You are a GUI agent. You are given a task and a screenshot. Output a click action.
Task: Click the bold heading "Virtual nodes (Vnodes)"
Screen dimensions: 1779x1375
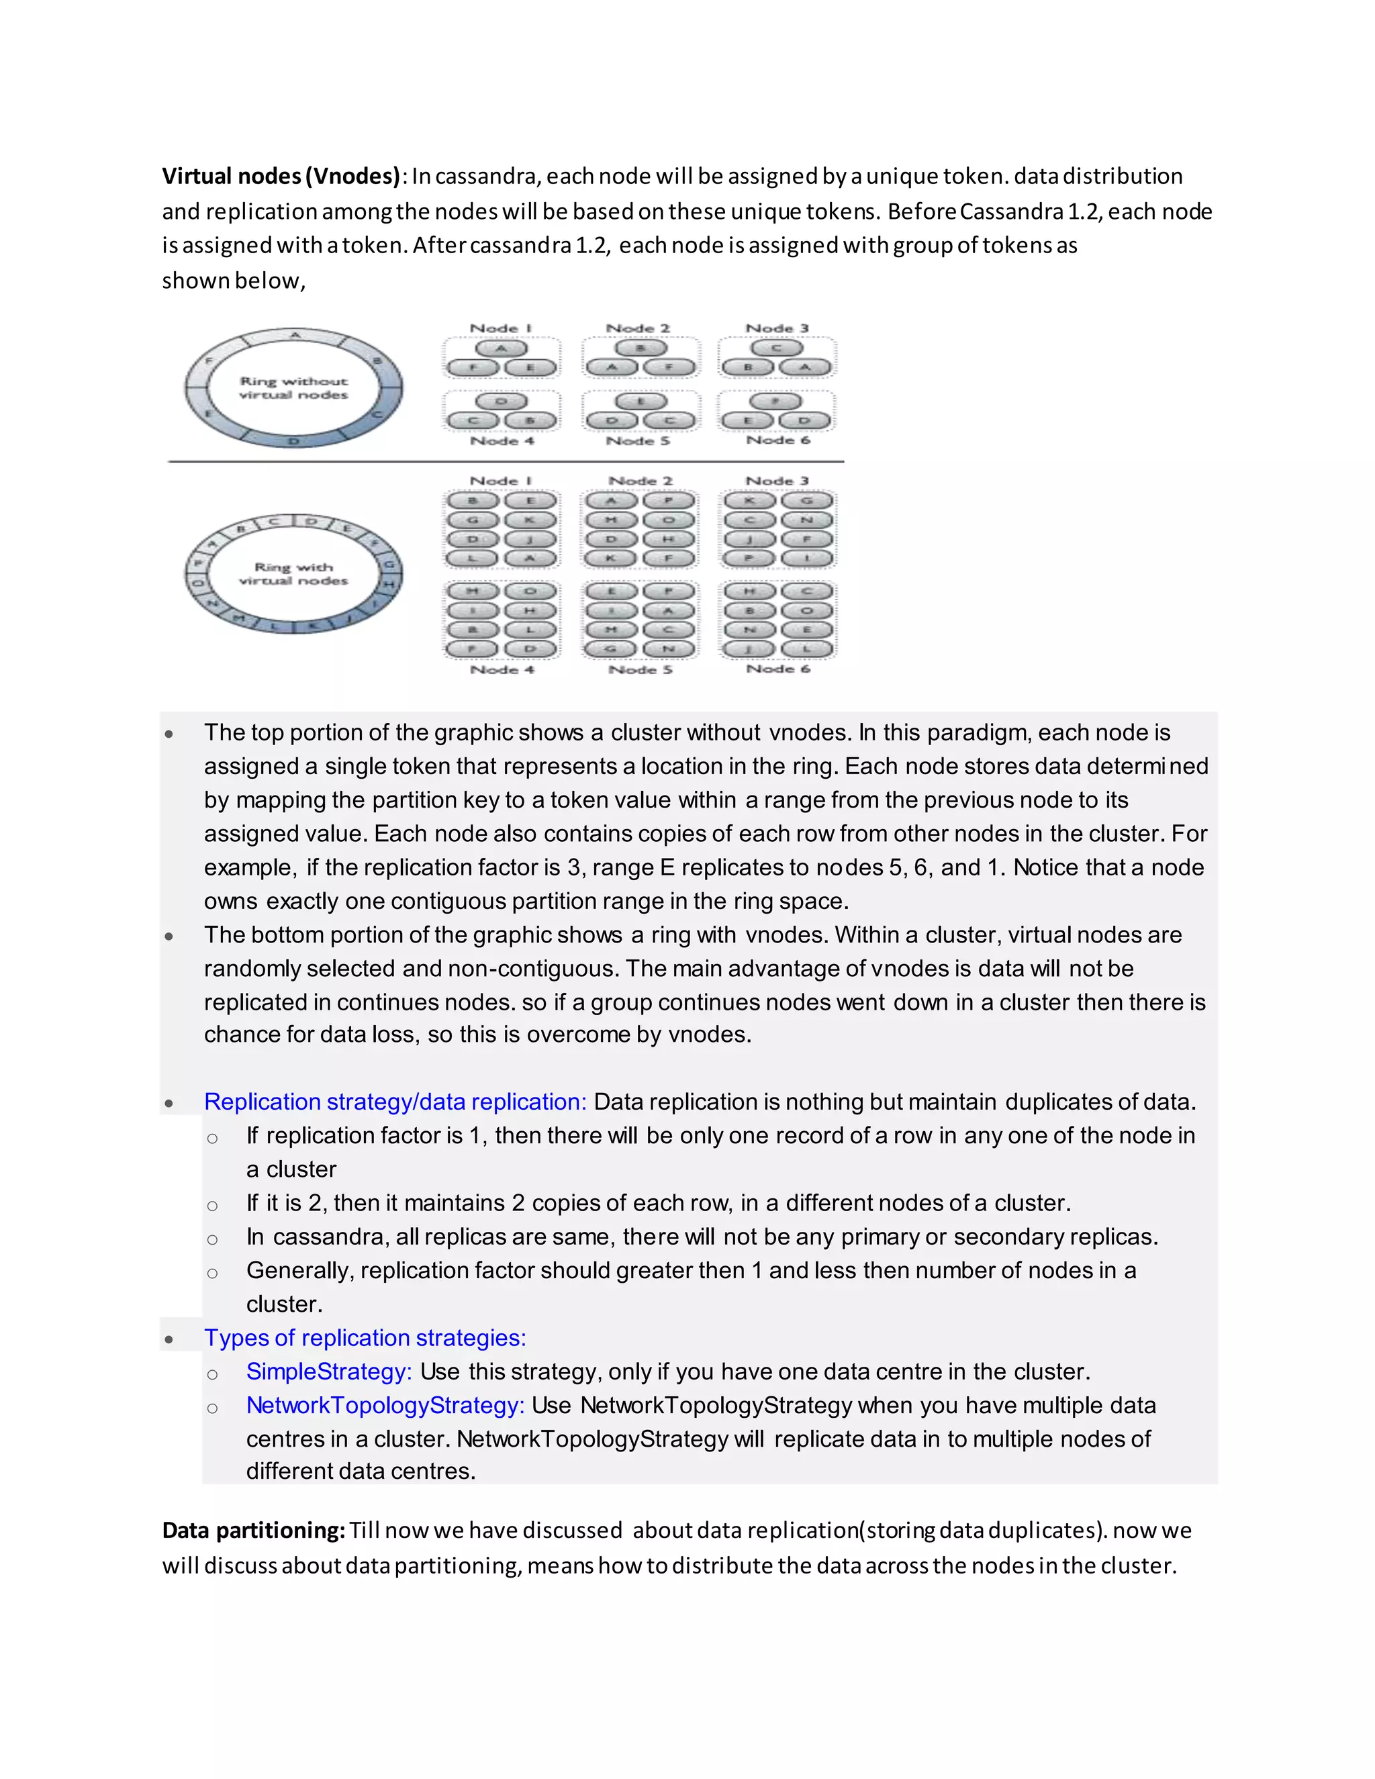pyautogui.click(x=280, y=176)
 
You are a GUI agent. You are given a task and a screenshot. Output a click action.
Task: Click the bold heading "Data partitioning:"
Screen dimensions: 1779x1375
pyautogui.click(x=253, y=1530)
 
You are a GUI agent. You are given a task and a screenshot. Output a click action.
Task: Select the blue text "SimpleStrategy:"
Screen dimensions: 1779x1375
pyautogui.click(x=329, y=1371)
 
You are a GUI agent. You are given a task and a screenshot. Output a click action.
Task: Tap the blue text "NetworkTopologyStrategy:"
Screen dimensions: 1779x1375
pyautogui.click(x=385, y=1405)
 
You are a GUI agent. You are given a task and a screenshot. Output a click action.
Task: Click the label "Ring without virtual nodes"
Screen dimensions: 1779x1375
pyautogui.click(x=293, y=388)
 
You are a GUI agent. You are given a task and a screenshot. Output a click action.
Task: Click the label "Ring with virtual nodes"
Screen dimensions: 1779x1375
pyautogui.click(x=293, y=573)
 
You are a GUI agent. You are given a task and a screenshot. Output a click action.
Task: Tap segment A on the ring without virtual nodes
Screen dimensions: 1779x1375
pyautogui.click(x=295, y=335)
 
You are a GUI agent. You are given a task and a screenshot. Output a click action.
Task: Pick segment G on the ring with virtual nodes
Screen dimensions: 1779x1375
pyautogui.click(x=389, y=565)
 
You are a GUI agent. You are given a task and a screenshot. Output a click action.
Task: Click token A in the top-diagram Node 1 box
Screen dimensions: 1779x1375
pyautogui.click(x=502, y=348)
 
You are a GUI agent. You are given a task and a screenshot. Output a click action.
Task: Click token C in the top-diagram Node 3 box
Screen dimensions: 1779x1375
pyautogui.click(x=776, y=348)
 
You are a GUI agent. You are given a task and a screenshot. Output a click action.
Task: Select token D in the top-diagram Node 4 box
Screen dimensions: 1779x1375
pyautogui.click(x=502, y=401)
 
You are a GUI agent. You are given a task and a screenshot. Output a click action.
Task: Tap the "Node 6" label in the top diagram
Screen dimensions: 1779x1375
pyautogui.click(x=778, y=440)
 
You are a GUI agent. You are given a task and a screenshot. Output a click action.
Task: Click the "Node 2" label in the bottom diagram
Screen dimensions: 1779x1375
pyautogui.click(x=641, y=481)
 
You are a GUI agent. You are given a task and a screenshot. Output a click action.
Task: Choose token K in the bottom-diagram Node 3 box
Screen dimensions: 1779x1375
pyautogui.click(x=749, y=500)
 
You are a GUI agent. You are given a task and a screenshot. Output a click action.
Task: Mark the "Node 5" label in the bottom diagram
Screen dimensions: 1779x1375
pyautogui.click(x=641, y=669)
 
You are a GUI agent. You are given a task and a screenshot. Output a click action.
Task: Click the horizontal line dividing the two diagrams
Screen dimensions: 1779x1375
pyautogui.click(x=505, y=461)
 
